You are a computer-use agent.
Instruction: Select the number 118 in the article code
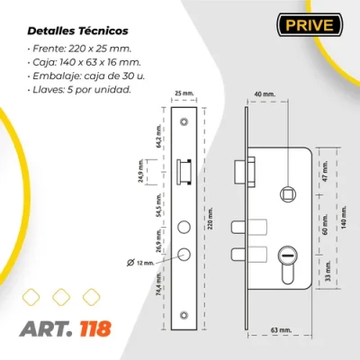click(x=93, y=327)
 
